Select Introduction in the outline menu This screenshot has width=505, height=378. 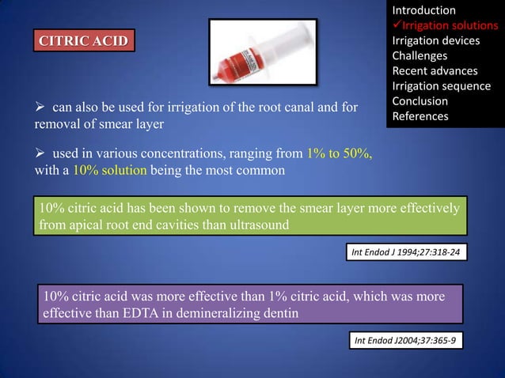coord(423,10)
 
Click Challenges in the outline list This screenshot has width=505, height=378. coord(420,55)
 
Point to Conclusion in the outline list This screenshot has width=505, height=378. coord(420,101)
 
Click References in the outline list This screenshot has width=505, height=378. coord(420,116)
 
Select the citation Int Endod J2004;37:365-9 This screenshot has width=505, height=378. coord(407,340)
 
